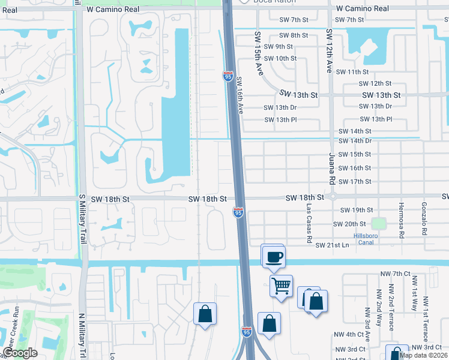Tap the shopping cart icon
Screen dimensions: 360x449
[x=281, y=286]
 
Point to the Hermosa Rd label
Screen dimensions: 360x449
[x=401, y=219]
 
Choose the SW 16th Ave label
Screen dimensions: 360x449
[x=241, y=95]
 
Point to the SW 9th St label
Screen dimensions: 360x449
[x=277, y=47]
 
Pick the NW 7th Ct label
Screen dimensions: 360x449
[x=394, y=274]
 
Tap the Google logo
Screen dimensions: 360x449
[x=20, y=353]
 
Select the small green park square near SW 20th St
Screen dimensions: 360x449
[x=378, y=224]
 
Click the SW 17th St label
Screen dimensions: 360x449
[x=355, y=182]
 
